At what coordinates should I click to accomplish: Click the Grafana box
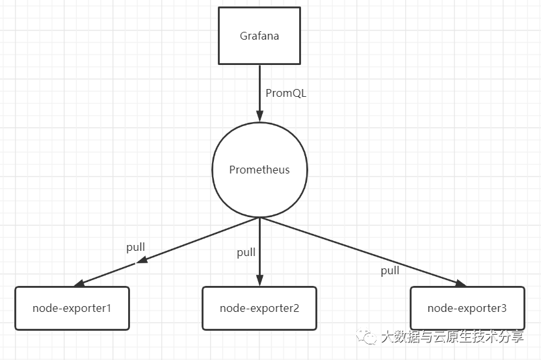[259, 36]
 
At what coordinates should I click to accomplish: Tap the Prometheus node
[259, 170]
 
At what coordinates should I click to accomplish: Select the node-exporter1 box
[72, 308]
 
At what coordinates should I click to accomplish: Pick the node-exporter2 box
[259, 308]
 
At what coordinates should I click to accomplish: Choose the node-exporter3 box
[467, 308]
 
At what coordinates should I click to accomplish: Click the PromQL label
[285, 93]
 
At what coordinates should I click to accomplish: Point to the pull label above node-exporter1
[135, 248]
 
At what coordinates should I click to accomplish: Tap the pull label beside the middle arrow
[246, 253]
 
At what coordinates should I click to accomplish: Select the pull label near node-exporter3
[390, 270]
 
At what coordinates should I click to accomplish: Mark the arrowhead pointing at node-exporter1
[79, 283]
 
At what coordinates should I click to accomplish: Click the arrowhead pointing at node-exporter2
[259, 281]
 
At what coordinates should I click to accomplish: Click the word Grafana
[259, 36]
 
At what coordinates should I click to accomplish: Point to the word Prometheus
[259, 170]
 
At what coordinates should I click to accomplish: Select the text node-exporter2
[259, 308]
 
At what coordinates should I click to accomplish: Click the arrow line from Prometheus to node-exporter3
[364, 251]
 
